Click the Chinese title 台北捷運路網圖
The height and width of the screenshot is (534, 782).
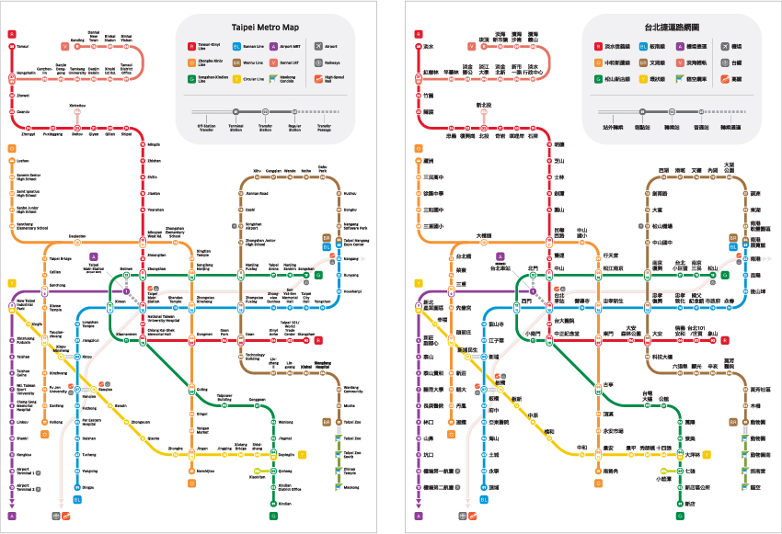(655, 27)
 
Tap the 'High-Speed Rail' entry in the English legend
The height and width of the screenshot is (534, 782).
(334, 79)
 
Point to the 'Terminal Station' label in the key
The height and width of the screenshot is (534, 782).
(236, 129)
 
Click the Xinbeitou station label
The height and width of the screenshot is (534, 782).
(77, 106)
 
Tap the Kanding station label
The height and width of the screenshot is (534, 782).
(77, 40)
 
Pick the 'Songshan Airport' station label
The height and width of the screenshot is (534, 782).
(253, 224)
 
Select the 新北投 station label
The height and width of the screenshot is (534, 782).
(483, 106)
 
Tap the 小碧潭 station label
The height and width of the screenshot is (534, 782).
(663, 479)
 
